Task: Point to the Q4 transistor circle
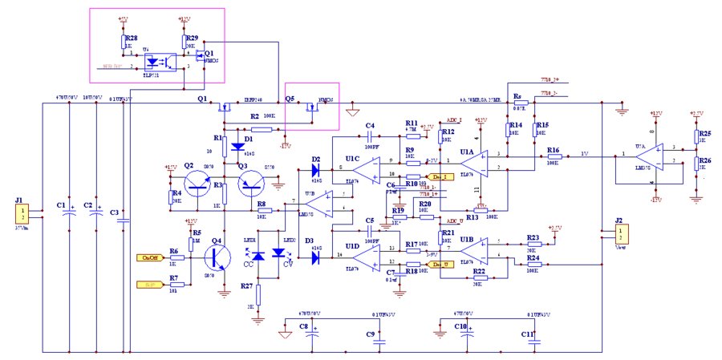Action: point(215,258)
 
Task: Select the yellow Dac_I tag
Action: point(440,176)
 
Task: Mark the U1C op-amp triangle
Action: point(365,168)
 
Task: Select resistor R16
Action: point(553,155)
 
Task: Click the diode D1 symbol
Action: point(238,146)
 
